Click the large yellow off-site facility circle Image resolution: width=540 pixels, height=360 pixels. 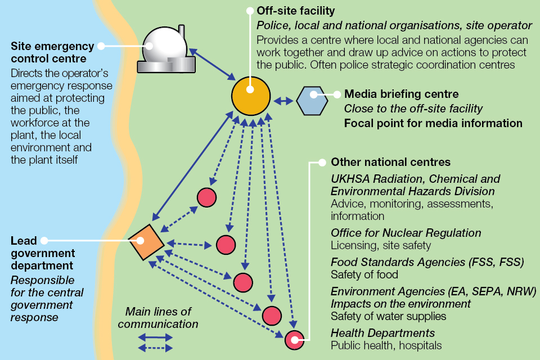pos(251,95)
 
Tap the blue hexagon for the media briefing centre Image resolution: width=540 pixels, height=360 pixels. pos(312,101)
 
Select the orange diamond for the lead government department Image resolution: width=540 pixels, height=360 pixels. pos(146,242)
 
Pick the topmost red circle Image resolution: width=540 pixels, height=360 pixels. pos(206,197)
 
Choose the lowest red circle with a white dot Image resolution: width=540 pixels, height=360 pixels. pos(294,340)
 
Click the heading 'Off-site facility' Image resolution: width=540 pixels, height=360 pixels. pos(295,11)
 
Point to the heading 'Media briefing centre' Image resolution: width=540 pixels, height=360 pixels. pos(401,94)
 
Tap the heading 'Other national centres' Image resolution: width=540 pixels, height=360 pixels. pos(390,162)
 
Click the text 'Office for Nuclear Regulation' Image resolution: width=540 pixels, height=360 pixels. pos(406,233)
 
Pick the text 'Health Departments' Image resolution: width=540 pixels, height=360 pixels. pos(382,333)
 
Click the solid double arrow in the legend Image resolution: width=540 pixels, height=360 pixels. pos(155,337)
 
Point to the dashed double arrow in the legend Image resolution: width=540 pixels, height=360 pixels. pos(155,348)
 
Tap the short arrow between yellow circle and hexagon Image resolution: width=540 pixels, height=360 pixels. pos(283,101)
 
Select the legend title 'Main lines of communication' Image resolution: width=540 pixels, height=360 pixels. pos(158,318)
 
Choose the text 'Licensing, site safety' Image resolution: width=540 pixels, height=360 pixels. pos(381,245)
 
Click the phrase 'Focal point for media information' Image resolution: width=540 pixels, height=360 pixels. pos(433,123)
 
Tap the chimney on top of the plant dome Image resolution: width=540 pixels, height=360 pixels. pos(181,30)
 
